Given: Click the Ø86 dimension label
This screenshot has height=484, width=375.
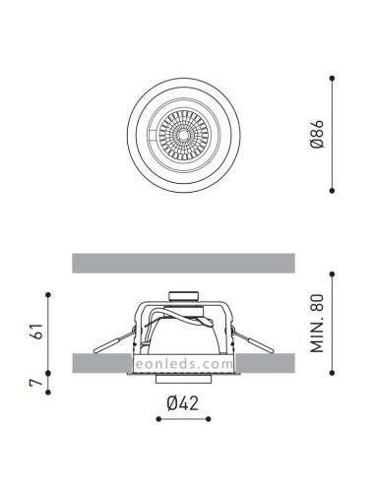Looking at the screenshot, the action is click(x=317, y=134).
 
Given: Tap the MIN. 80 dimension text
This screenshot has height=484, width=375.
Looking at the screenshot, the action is click(x=317, y=324).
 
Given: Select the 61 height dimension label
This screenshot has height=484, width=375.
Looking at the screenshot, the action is click(x=36, y=332).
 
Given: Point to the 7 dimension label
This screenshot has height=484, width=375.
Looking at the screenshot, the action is click(x=36, y=383).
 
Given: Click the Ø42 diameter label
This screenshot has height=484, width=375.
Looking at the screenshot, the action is click(x=183, y=403).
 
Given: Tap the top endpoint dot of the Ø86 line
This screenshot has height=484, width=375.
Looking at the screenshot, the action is click(x=332, y=78).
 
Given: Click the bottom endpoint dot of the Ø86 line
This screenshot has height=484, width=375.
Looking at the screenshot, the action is click(x=332, y=191).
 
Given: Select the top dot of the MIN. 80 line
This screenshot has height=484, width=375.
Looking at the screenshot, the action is click(x=332, y=273).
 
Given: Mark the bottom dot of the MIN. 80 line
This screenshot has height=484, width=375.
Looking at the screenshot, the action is click(x=332, y=373).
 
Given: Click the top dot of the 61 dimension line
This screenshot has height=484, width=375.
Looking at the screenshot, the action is click(x=48, y=295).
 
